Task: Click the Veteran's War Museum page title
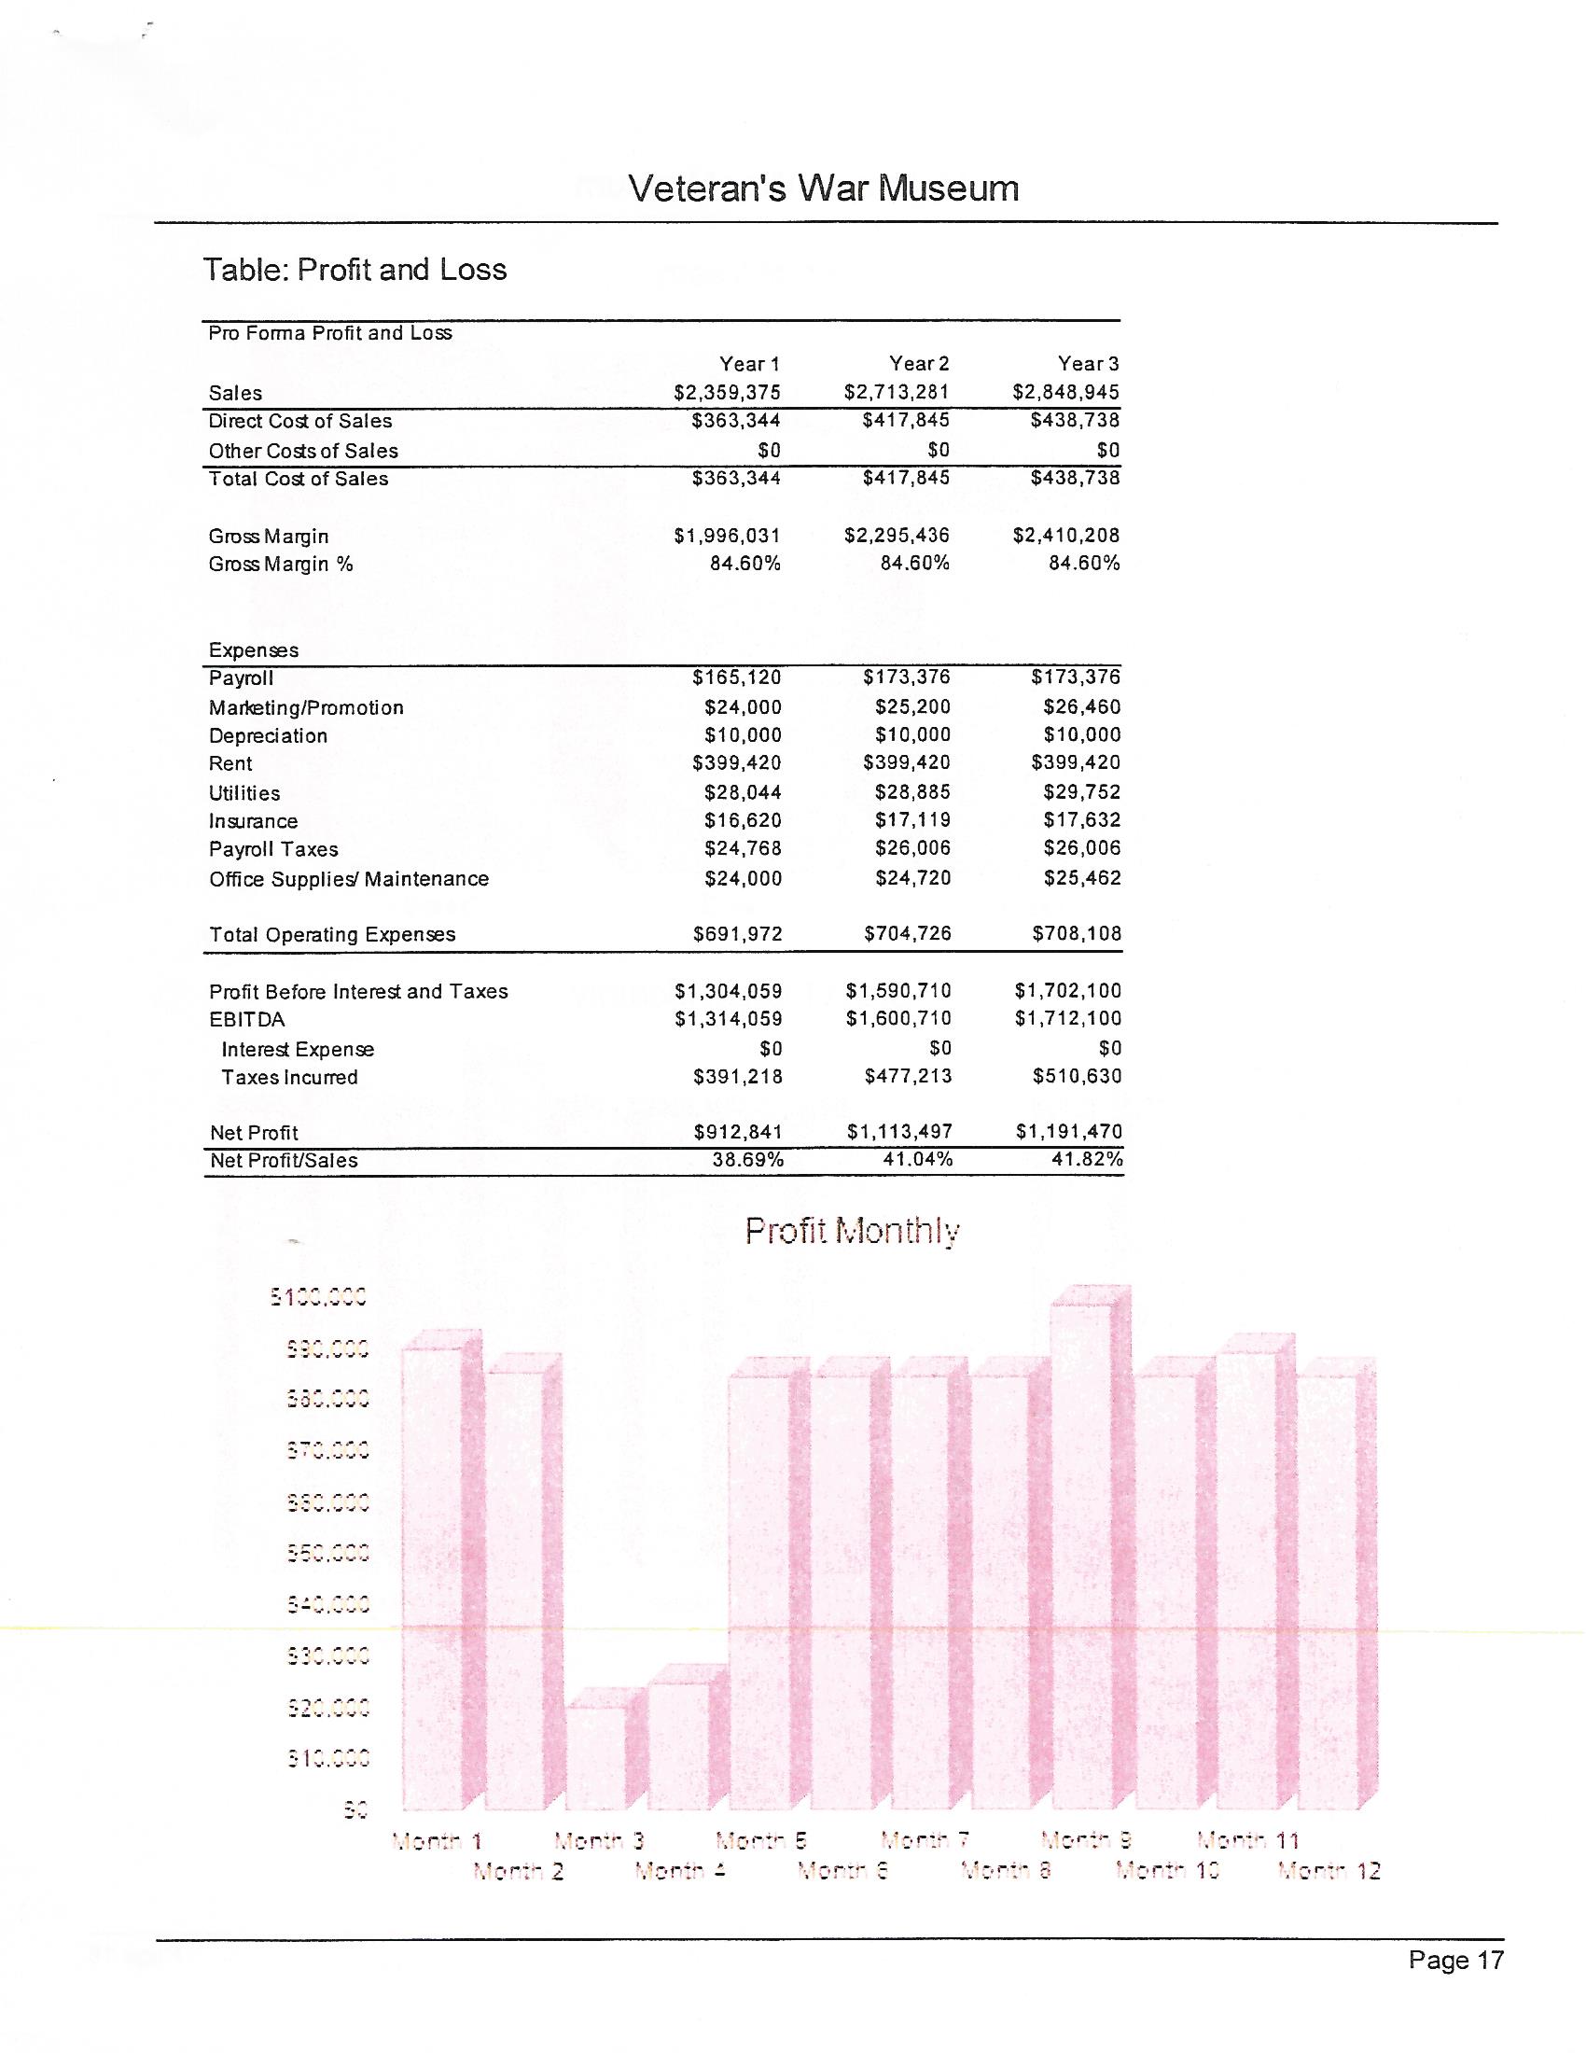823,188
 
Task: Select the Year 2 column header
919,364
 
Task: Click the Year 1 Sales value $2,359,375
728,392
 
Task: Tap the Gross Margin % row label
281,564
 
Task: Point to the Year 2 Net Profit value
899,1132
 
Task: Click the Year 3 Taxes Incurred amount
1077,1075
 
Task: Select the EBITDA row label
246,1020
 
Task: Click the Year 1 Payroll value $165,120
737,677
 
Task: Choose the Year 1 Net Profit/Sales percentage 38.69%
748,1160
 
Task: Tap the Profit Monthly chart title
852,1231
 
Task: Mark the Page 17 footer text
1455,1960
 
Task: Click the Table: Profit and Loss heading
355,270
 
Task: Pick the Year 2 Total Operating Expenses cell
908,933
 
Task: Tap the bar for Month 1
432,1579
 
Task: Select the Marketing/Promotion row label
306,708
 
